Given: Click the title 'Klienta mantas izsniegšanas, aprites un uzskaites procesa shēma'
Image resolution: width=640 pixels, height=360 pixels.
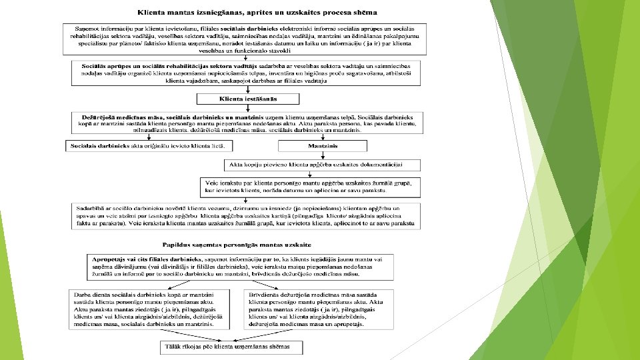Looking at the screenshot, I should (x=257, y=12).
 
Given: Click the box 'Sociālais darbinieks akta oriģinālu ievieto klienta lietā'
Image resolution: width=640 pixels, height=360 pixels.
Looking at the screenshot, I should (x=148, y=145).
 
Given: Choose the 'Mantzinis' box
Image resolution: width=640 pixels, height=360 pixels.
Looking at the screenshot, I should (x=321, y=145).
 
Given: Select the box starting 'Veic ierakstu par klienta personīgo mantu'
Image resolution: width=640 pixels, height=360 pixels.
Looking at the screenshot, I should (x=311, y=187).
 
